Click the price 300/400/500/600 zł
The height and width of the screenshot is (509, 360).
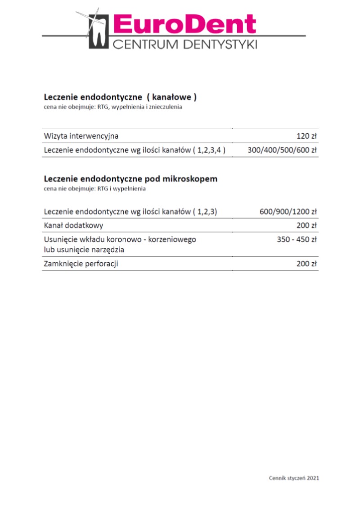coord(283,150)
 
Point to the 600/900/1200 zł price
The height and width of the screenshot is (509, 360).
coord(288,212)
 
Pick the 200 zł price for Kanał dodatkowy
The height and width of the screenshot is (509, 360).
coord(306,225)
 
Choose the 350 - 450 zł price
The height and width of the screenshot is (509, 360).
coord(297,239)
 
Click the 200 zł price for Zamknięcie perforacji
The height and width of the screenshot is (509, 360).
coord(306,264)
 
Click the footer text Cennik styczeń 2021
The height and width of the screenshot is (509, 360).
coord(294,478)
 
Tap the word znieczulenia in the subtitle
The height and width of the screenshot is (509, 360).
coord(166,108)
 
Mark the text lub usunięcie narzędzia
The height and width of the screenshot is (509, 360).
coord(84,250)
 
